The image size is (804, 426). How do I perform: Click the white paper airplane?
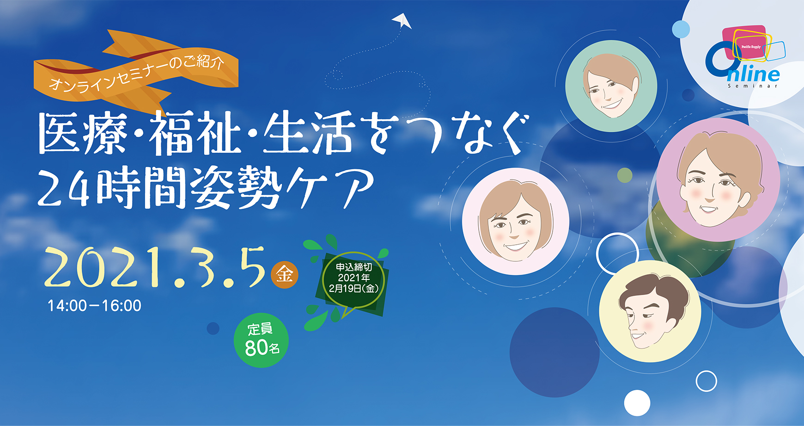coord(402,20)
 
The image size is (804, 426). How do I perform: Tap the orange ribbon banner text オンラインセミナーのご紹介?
coord(137,73)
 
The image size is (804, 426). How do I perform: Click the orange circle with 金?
coord(284,275)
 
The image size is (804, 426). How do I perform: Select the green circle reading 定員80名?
coord(261,340)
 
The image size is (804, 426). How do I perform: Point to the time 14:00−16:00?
coord(95,306)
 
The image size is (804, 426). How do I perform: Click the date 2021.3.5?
coord(155,267)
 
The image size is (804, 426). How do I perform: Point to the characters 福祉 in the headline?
coord(195,134)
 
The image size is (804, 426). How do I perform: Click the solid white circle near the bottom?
coord(637,403)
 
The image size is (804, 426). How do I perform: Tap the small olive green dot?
coord(625,175)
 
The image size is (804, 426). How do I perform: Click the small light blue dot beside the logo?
coord(681,29)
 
